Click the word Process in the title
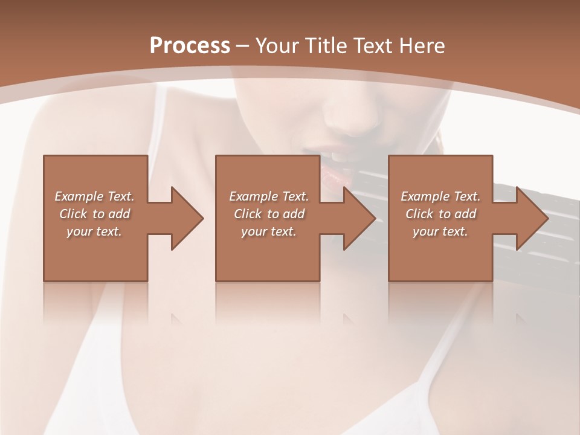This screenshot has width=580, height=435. click(x=190, y=45)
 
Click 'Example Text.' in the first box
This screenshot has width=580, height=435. click(x=94, y=196)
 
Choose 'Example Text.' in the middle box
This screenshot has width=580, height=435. click(x=269, y=196)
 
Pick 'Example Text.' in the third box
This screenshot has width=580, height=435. click(x=440, y=196)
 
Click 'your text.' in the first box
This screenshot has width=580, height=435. click(x=94, y=231)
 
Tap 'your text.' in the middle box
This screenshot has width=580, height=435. click(x=269, y=231)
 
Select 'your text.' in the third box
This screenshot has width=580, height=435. click(x=440, y=231)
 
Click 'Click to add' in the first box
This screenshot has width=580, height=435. click(x=94, y=214)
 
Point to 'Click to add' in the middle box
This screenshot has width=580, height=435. click(x=269, y=214)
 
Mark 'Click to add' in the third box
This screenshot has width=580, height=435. click(x=440, y=214)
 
